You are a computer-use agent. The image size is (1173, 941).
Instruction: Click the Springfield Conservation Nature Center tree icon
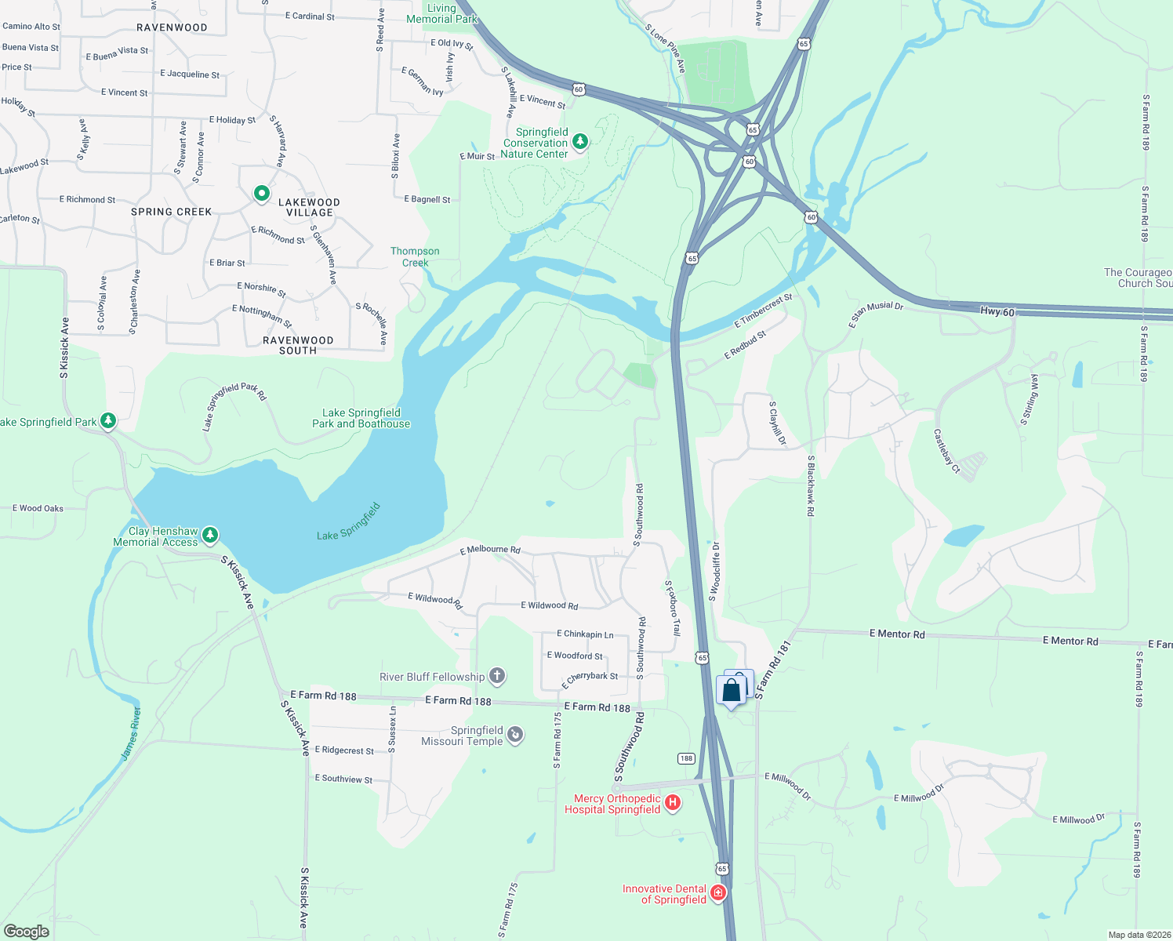pyautogui.click(x=579, y=142)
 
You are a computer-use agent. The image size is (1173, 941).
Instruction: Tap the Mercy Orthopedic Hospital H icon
pyautogui.click(x=672, y=803)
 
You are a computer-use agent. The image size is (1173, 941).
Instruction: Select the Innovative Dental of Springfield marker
pyautogui.click(x=717, y=892)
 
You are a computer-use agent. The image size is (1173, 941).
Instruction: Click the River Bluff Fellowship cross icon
pyautogui.click(x=496, y=675)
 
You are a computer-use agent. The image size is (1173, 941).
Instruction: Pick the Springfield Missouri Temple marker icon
pyautogui.click(x=515, y=734)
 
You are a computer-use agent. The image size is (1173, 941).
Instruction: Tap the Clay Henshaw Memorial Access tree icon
pyautogui.click(x=209, y=536)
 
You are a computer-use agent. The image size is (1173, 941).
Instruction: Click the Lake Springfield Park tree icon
pyautogui.click(x=108, y=421)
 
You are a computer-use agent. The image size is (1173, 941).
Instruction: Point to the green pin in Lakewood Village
pyautogui.click(x=261, y=193)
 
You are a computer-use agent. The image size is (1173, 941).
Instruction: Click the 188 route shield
pyautogui.click(x=686, y=758)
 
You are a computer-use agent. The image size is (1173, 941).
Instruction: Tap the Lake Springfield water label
pyautogui.click(x=348, y=522)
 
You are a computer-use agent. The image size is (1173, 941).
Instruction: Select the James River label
pyautogui.click(x=131, y=733)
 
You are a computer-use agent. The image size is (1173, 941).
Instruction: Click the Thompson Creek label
pyautogui.click(x=415, y=257)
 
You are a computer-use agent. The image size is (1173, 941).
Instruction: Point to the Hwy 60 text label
pyautogui.click(x=997, y=312)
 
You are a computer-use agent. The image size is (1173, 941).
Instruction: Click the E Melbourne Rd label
pyautogui.click(x=489, y=550)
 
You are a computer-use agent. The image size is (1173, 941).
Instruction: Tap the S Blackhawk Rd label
pyautogui.click(x=811, y=485)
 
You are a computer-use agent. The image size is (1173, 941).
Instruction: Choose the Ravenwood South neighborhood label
pyautogui.click(x=298, y=346)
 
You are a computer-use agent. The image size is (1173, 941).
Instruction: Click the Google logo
pyautogui.click(x=27, y=932)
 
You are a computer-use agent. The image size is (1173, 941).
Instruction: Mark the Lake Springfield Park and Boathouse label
pyautogui.click(x=361, y=418)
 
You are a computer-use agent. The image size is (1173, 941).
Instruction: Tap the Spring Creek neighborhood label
pyautogui.click(x=171, y=212)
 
